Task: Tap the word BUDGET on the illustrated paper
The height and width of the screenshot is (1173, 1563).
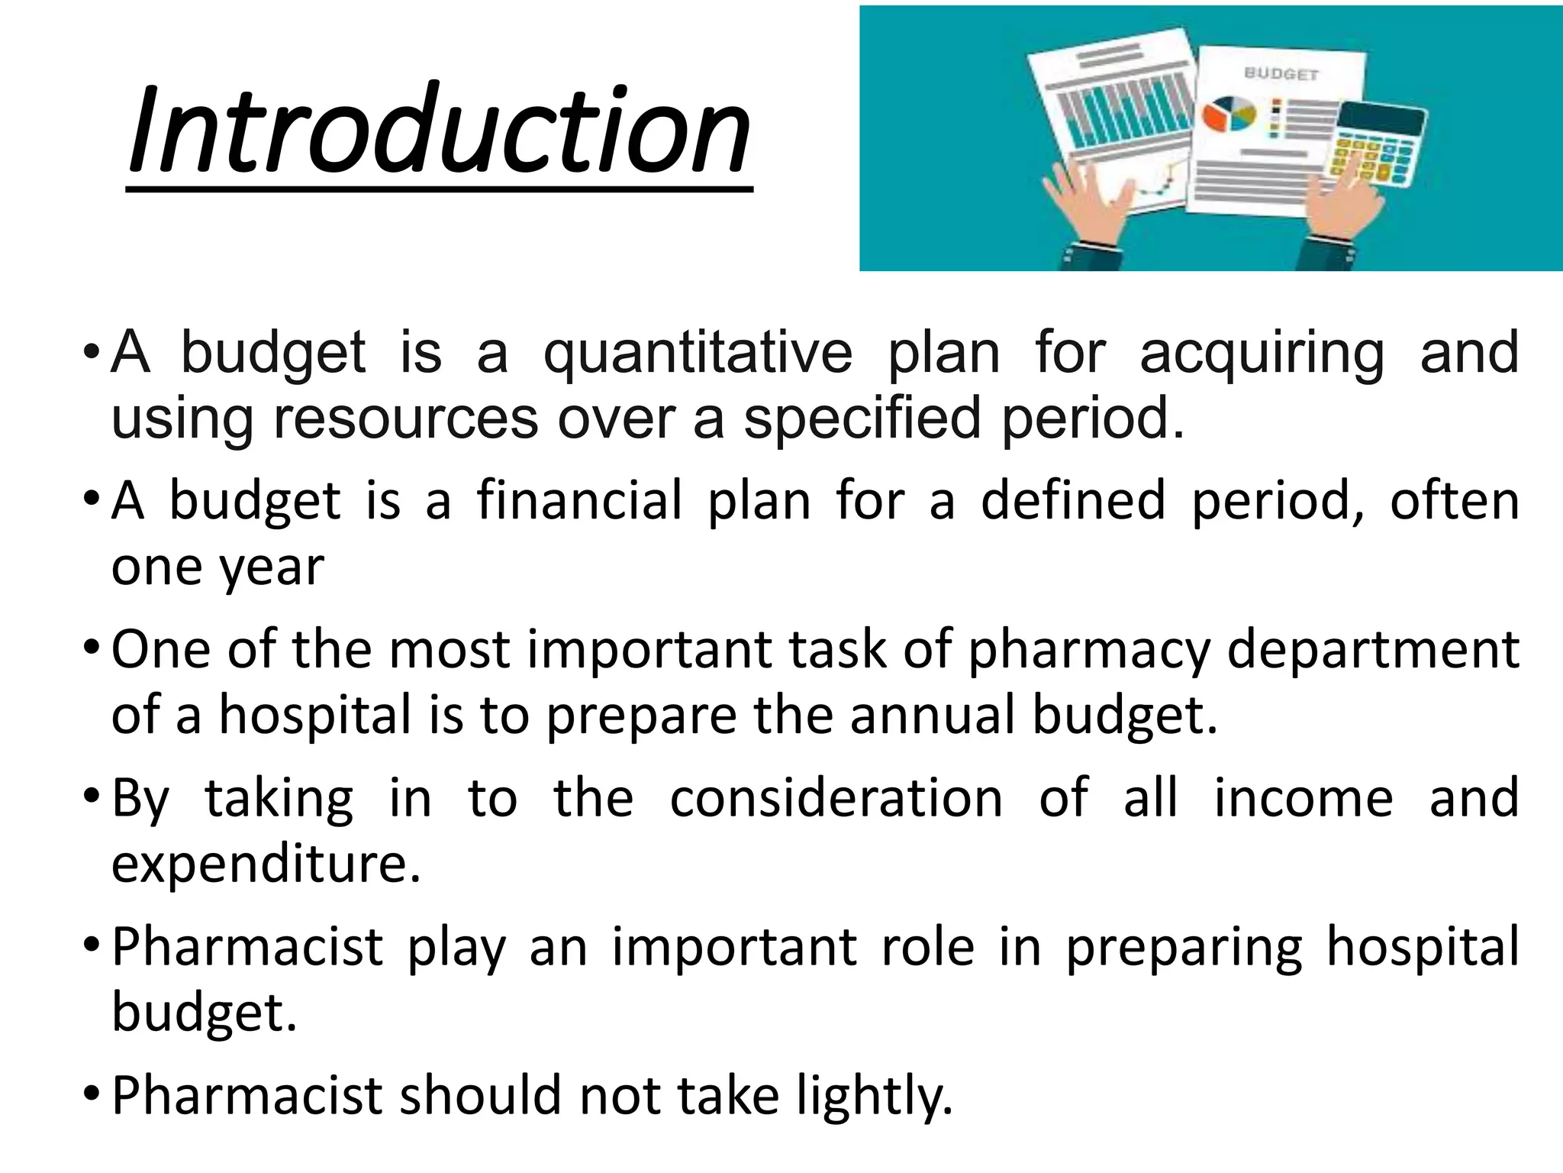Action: (x=1281, y=74)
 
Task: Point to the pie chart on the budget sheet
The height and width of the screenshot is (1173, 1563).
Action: (x=1229, y=115)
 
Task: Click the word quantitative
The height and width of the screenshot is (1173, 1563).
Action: (x=698, y=353)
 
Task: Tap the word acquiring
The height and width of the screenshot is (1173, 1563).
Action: (x=1262, y=353)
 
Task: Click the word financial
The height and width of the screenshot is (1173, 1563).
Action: (x=579, y=501)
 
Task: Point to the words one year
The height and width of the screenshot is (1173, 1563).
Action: (x=218, y=567)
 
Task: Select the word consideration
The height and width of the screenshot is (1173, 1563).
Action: (x=836, y=798)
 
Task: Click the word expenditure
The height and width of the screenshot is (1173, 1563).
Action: (x=266, y=864)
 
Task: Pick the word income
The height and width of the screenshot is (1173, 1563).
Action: (x=1304, y=798)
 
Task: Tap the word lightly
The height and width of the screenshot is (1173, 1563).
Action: (x=875, y=1095)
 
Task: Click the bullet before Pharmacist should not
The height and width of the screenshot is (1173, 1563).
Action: (x=91, y=1095)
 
